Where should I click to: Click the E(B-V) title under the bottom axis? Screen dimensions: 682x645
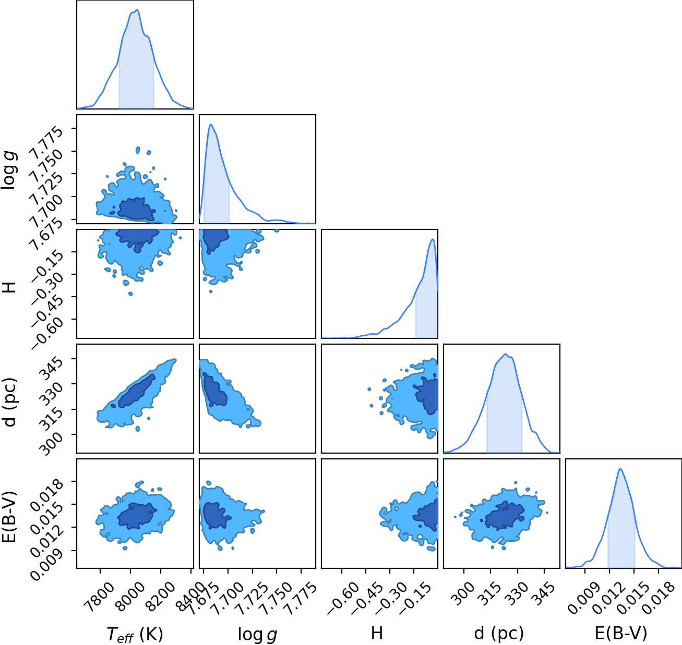621,633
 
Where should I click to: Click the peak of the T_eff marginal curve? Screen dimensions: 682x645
137,10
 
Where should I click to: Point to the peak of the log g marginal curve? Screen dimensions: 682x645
211,125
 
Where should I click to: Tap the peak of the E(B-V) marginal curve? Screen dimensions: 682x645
620,469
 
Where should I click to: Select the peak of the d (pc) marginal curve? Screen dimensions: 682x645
506,354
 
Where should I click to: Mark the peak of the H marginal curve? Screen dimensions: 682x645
432,239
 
